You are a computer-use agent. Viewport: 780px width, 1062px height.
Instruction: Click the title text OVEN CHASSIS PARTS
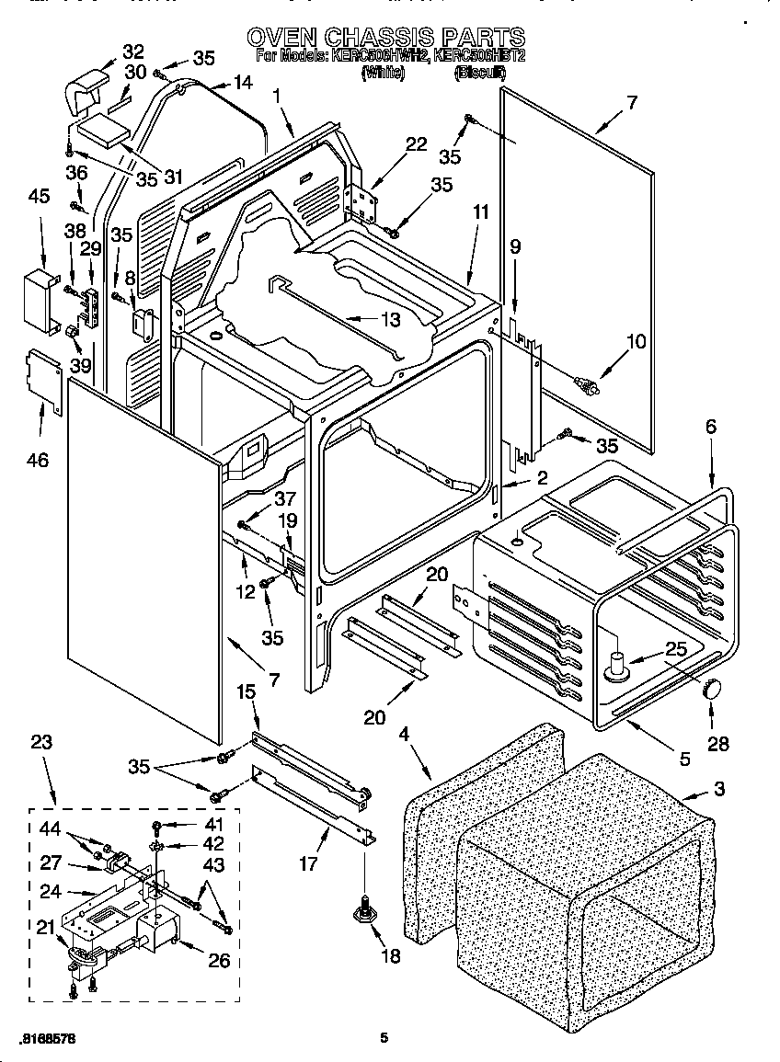[x=386, y=38]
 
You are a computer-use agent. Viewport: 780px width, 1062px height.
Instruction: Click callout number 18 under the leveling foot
[x=390, y=956]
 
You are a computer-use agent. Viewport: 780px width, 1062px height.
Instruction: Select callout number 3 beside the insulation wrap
[x=718, y=788]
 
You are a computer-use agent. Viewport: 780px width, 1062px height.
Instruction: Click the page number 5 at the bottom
[x=384, y=1039]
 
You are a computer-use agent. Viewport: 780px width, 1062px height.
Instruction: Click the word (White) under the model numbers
[x=384, y=73]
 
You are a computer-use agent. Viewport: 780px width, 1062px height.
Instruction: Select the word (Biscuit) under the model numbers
[x=478, y=73]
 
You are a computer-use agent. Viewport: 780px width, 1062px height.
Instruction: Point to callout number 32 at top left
[x=133, y=51]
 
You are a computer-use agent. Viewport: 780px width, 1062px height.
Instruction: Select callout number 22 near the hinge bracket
[x=417, y=144]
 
